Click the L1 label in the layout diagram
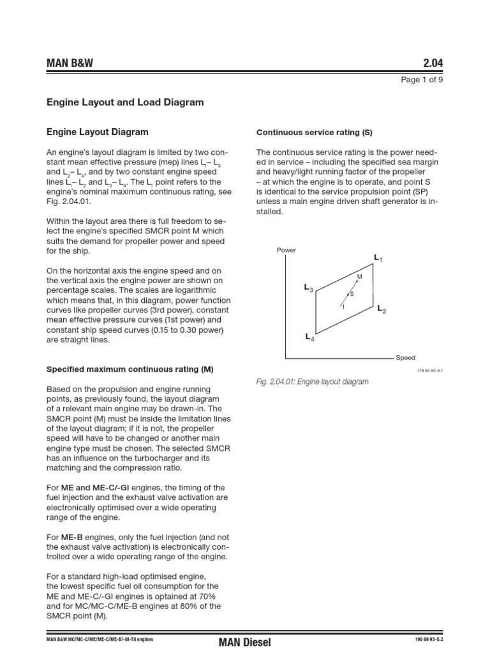[378, 258]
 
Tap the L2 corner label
[382, 309]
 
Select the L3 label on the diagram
[308, 289]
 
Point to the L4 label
[309, 337]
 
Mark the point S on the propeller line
[348, 294]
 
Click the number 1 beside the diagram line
[343, 307]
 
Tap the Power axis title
[286, 250]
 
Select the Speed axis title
[405, 358]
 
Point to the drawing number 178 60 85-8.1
[430, 369]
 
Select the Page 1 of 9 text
[422, 80]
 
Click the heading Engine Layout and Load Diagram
[126, 101]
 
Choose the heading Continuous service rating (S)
[314, 133]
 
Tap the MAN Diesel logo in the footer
[244, 642]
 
